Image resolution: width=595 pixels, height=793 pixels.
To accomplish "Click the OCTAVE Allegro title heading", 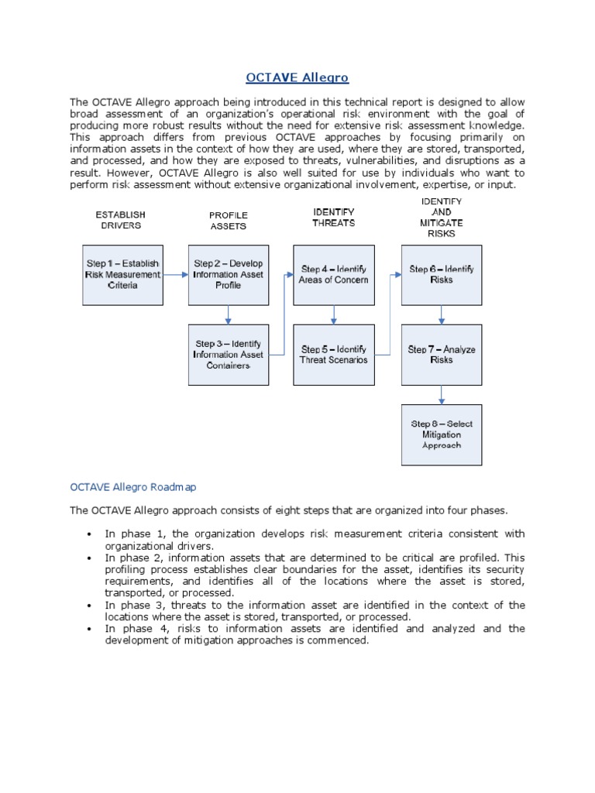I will pos(297,77).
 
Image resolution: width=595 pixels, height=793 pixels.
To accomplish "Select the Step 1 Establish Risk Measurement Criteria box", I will pos(122,275).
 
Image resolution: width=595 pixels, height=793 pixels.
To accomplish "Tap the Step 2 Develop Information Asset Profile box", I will pos(228,275).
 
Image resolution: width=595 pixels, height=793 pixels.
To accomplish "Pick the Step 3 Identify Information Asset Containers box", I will pos(228,355).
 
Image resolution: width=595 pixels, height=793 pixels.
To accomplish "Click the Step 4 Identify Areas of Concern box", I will pos(333,275).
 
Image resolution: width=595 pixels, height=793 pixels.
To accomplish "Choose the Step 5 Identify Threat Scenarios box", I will pos(333,355).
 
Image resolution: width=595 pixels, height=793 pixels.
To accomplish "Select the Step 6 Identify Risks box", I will pos(441,275).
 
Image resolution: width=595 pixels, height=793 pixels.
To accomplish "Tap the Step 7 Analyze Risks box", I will pos(441,355).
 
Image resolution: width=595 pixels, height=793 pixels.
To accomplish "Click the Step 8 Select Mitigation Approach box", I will pos(441,434).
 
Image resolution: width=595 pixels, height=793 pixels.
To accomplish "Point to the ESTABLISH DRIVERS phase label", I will pos(120,220).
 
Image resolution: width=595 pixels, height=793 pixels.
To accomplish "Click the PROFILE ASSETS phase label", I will pos(228,221).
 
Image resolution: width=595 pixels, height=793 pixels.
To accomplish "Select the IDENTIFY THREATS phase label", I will pos(333,217).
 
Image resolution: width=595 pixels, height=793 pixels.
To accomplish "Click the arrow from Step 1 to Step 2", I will pos(175,275).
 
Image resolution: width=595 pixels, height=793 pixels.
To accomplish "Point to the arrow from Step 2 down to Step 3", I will pos(228,314).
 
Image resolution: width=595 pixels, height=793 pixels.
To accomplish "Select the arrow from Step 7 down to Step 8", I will pos(441,394).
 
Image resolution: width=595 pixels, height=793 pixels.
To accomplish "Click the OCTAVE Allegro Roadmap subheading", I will pos(133,487).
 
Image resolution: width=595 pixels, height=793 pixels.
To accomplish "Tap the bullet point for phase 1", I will pos(90,534).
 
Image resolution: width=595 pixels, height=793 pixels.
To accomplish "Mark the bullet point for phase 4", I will pos(90,629).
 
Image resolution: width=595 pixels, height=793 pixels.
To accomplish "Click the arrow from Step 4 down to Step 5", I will pos(333,314).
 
